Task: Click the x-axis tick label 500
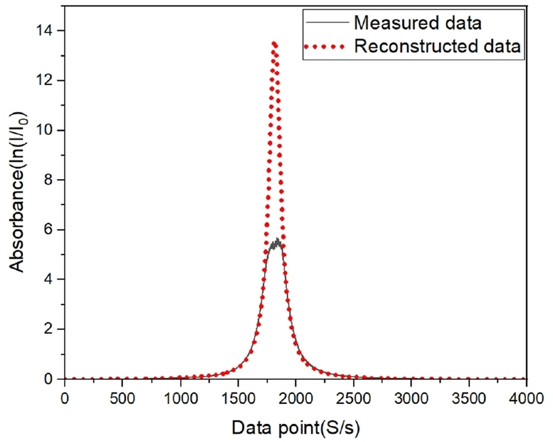[122, 398]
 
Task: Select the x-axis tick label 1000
[180, 398]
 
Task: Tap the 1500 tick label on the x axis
[238, 398]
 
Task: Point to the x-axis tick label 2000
[295, 398]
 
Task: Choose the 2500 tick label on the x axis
[353, 398]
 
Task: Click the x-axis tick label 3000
[411, 398]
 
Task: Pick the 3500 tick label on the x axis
[469, 398]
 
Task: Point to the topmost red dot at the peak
[274, 44]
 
